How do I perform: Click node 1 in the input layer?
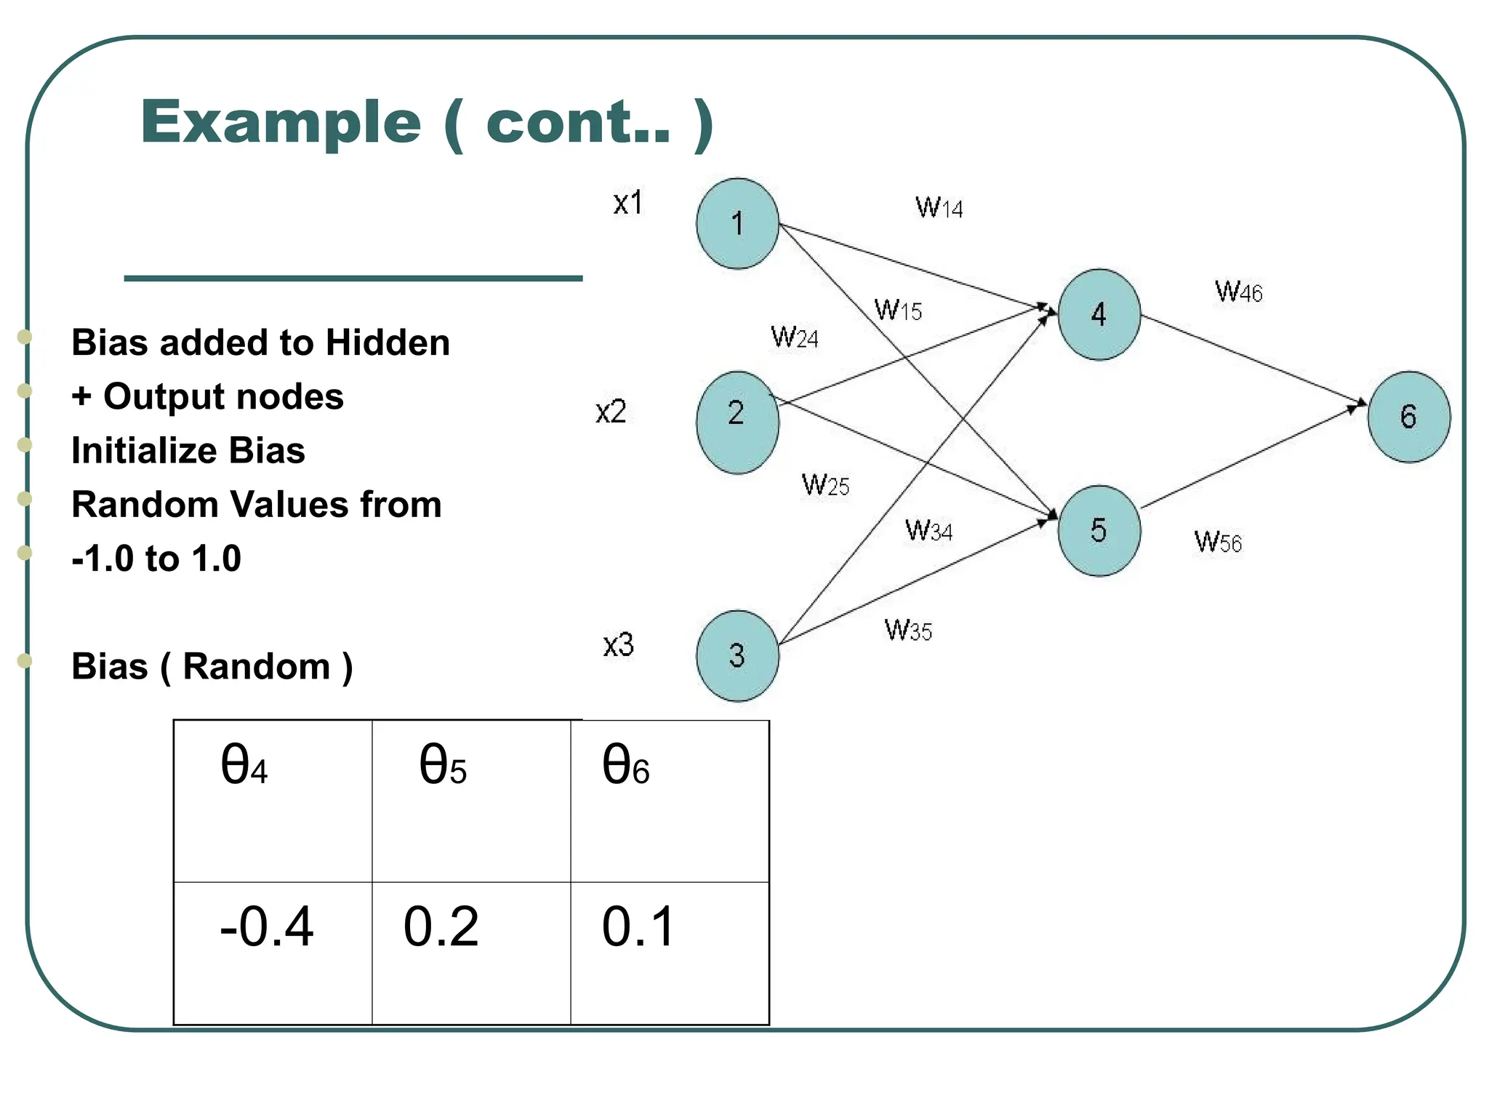(737, 223)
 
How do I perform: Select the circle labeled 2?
(737, 422)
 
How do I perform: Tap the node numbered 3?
(737, 655)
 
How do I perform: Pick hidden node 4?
(1099, 314)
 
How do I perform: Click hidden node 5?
(1099, 531)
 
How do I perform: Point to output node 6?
(1408, 417)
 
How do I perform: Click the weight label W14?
(939, 208)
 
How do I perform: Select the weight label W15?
(898, 311)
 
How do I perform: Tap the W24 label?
(794, 337)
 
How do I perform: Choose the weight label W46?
(1238, 292)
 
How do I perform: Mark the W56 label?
(1218, 542)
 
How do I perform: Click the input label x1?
(627, 203)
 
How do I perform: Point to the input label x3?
(618, 645)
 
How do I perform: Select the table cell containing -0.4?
(273, 952)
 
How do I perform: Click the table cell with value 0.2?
(471, 952)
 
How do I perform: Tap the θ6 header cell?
(669, 801)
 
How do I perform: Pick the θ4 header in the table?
(273, 801)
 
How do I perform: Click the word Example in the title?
(281, 122)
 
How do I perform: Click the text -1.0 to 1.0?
(156, 558)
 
